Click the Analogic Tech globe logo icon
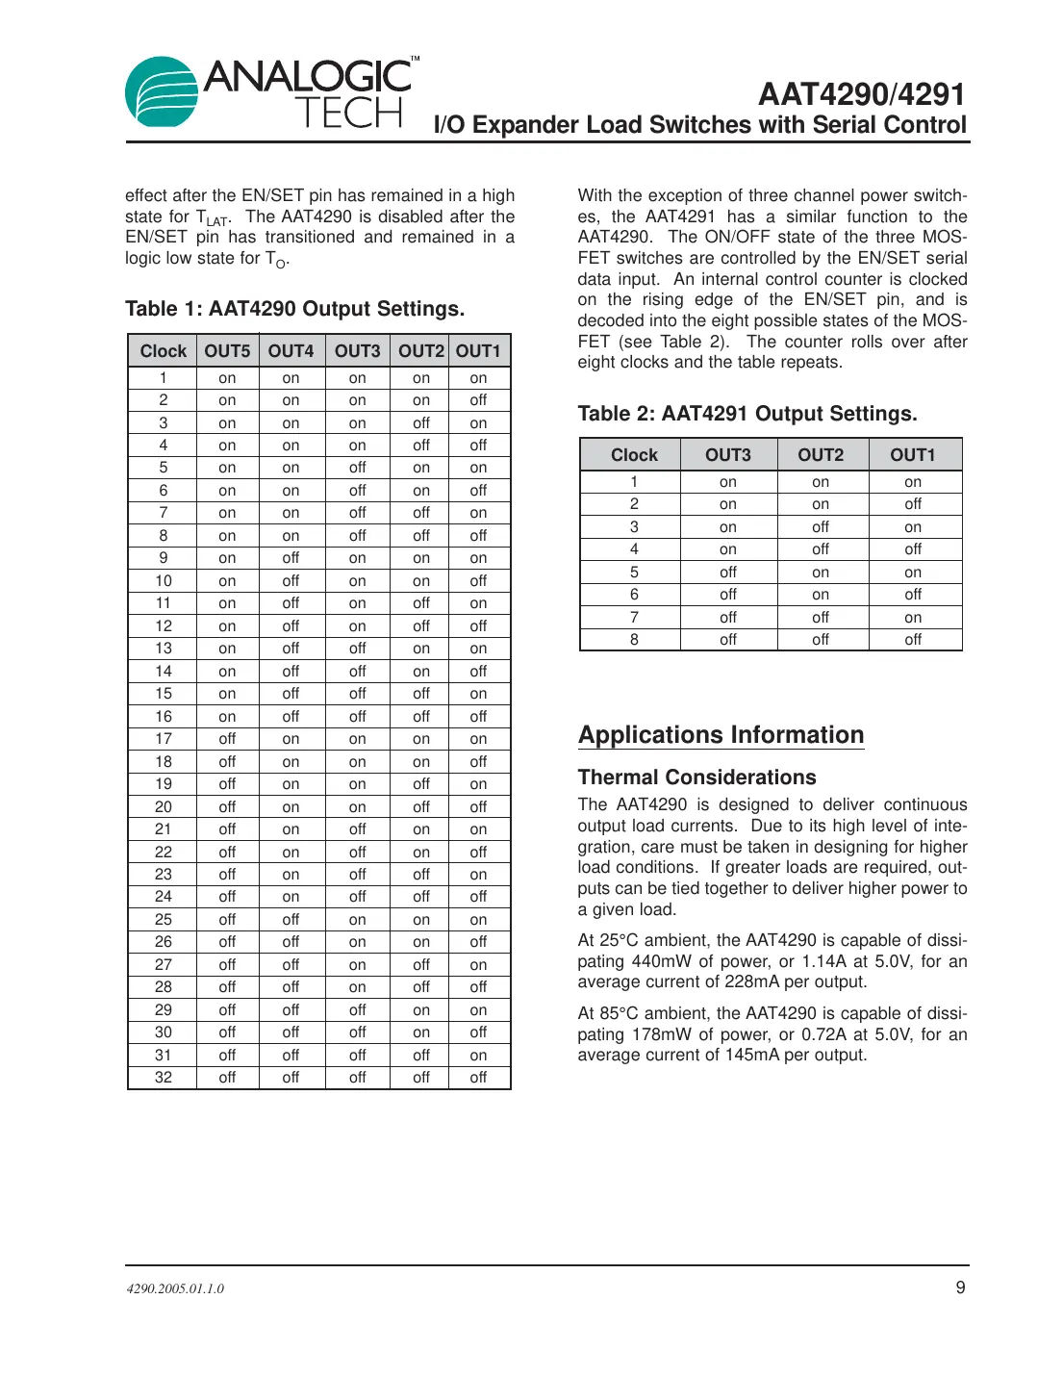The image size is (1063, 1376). (162, 92)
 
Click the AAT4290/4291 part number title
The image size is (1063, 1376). (861, 94)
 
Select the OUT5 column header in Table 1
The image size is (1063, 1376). (227, 351)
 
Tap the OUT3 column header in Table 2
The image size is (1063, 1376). (727, 455)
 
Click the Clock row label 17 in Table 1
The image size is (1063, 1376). (164, 739)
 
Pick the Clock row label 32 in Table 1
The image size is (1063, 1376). (164, 1078)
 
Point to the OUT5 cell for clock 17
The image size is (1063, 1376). (227, 739)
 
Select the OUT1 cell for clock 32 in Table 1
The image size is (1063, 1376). (478, 1078)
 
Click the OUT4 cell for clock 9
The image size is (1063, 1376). (291, 558)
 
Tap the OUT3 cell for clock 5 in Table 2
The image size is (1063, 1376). (727, 573)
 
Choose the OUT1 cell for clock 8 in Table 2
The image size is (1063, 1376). (912, 640)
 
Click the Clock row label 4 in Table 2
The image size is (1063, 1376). (634, 549)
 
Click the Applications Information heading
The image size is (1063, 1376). (721, 735)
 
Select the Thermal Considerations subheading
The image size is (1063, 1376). (696, 777)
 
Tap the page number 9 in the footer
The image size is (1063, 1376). (959, 1287)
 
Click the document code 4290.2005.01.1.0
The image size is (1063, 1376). (175, 1288)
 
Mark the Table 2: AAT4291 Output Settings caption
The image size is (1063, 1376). (747, 414)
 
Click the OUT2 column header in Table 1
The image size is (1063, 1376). (421, 351)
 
